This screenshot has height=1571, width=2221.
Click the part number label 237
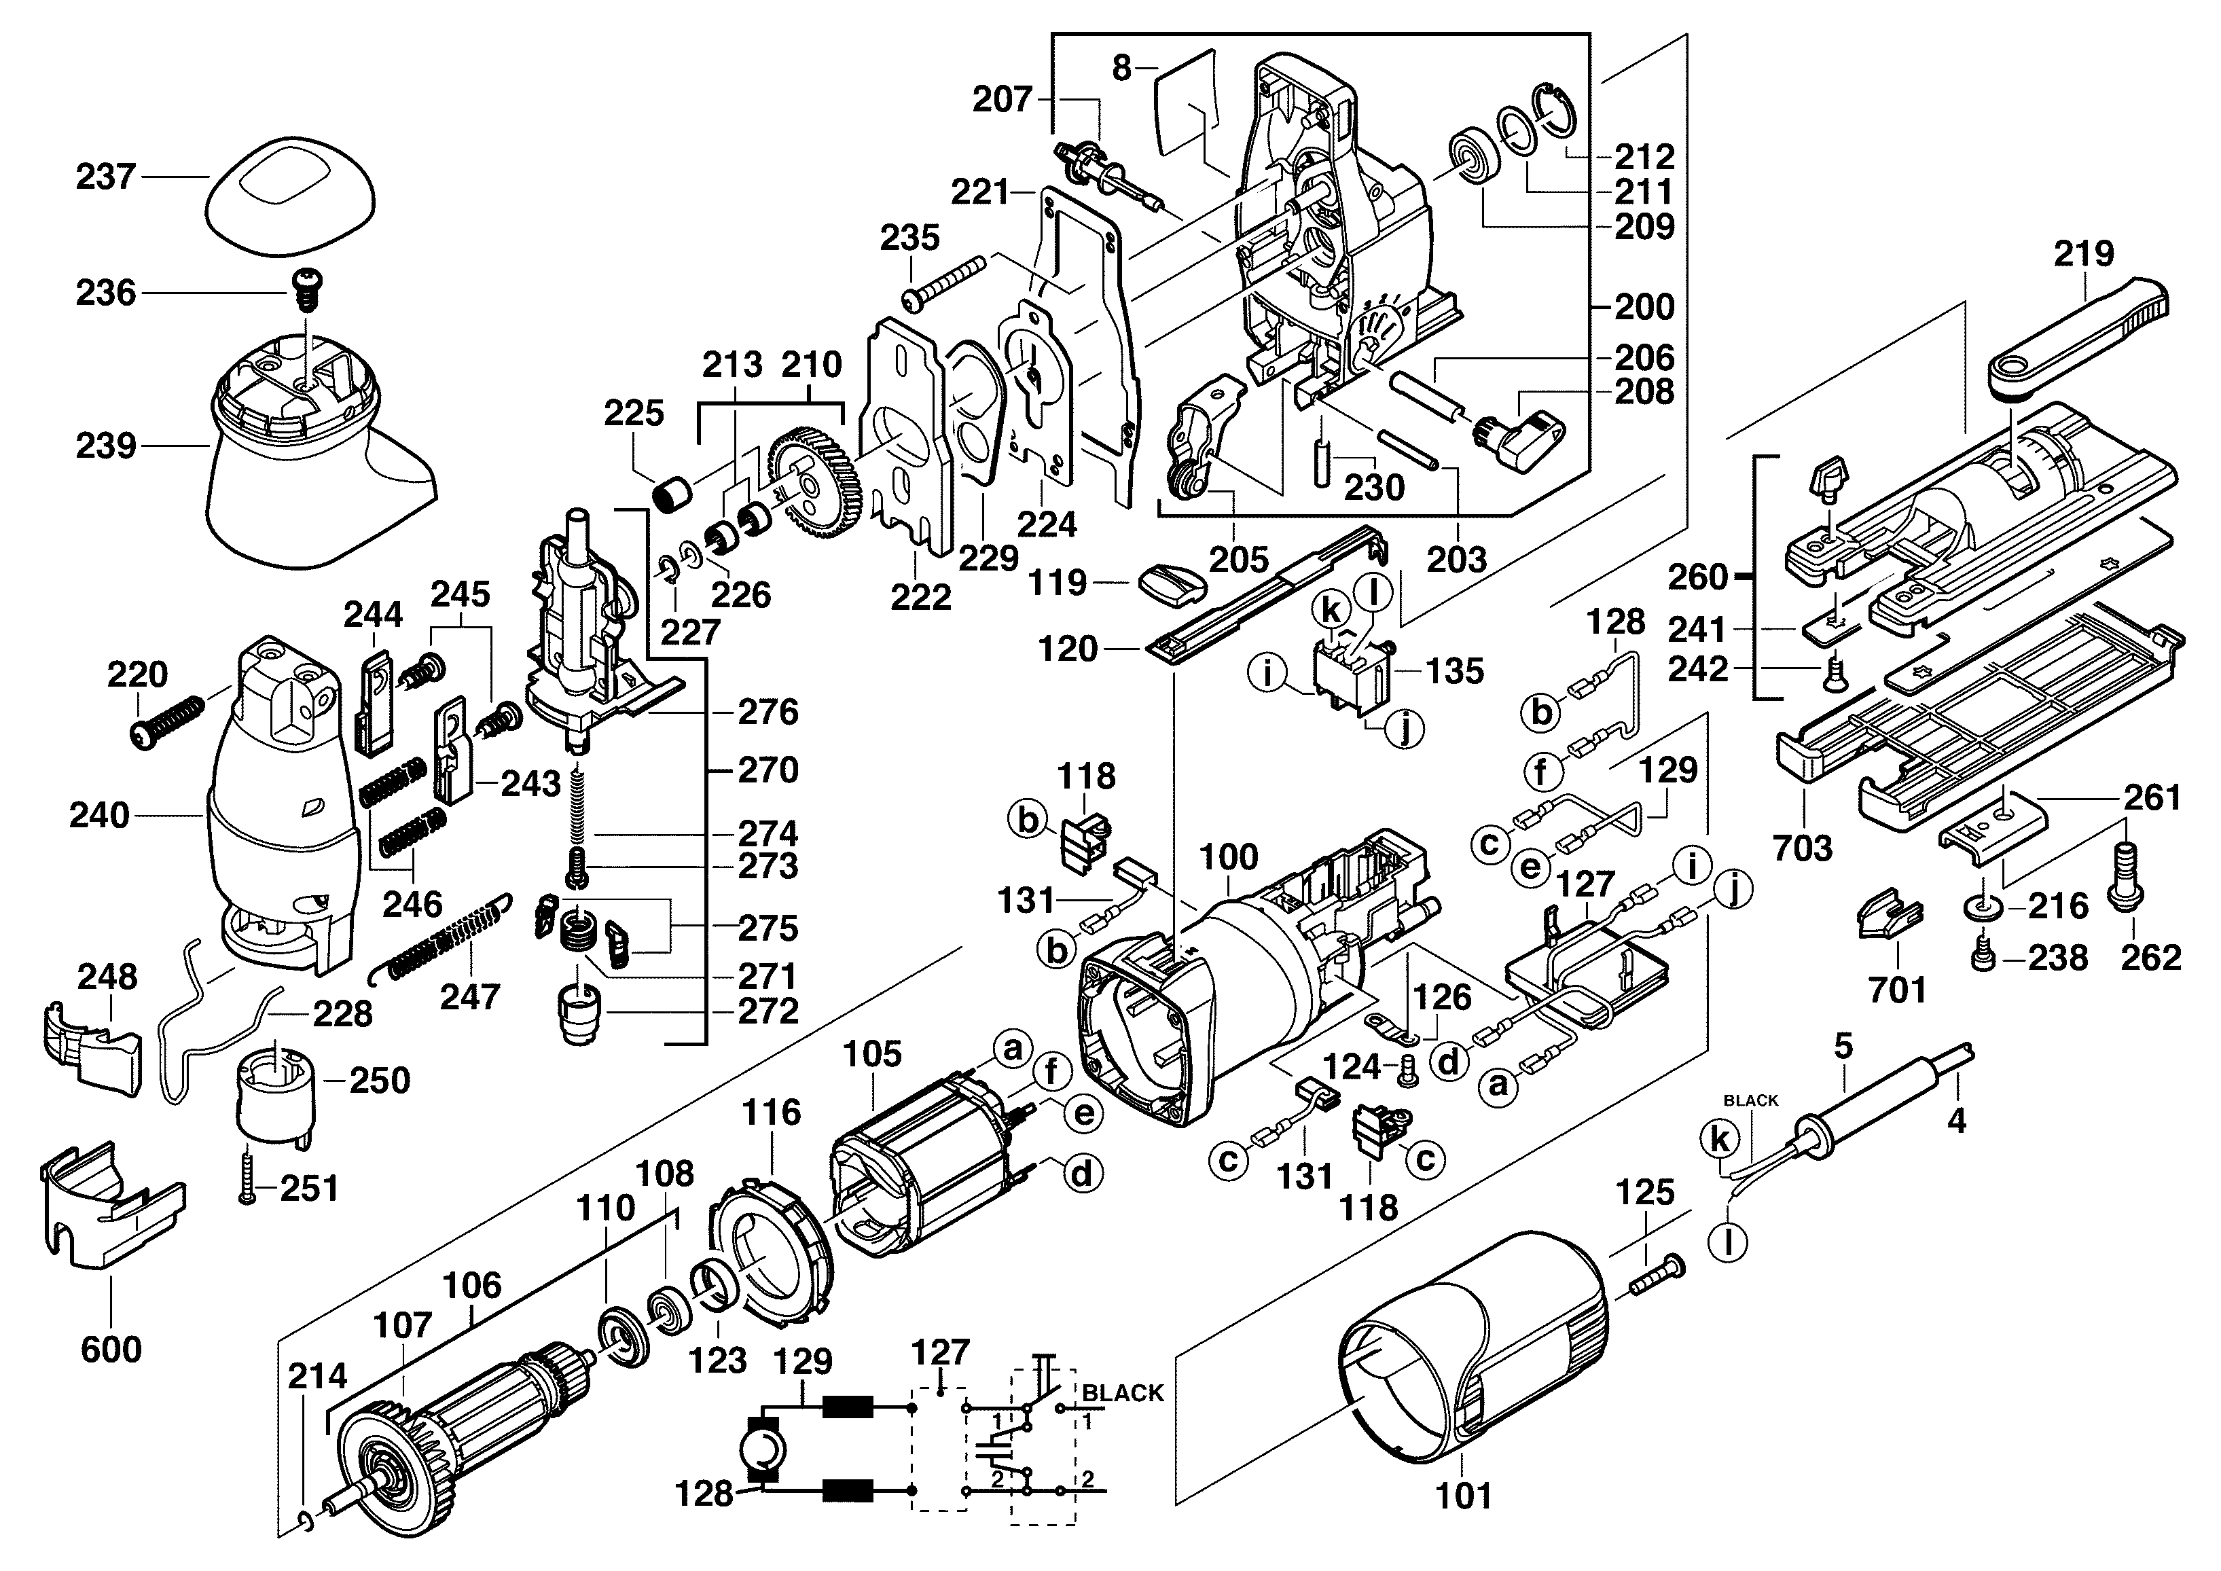click(x=105, y=177)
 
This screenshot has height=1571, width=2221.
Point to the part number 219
click(x=2084, y=255)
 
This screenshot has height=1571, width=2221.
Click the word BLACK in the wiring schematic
click(x=1122, y=1393)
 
